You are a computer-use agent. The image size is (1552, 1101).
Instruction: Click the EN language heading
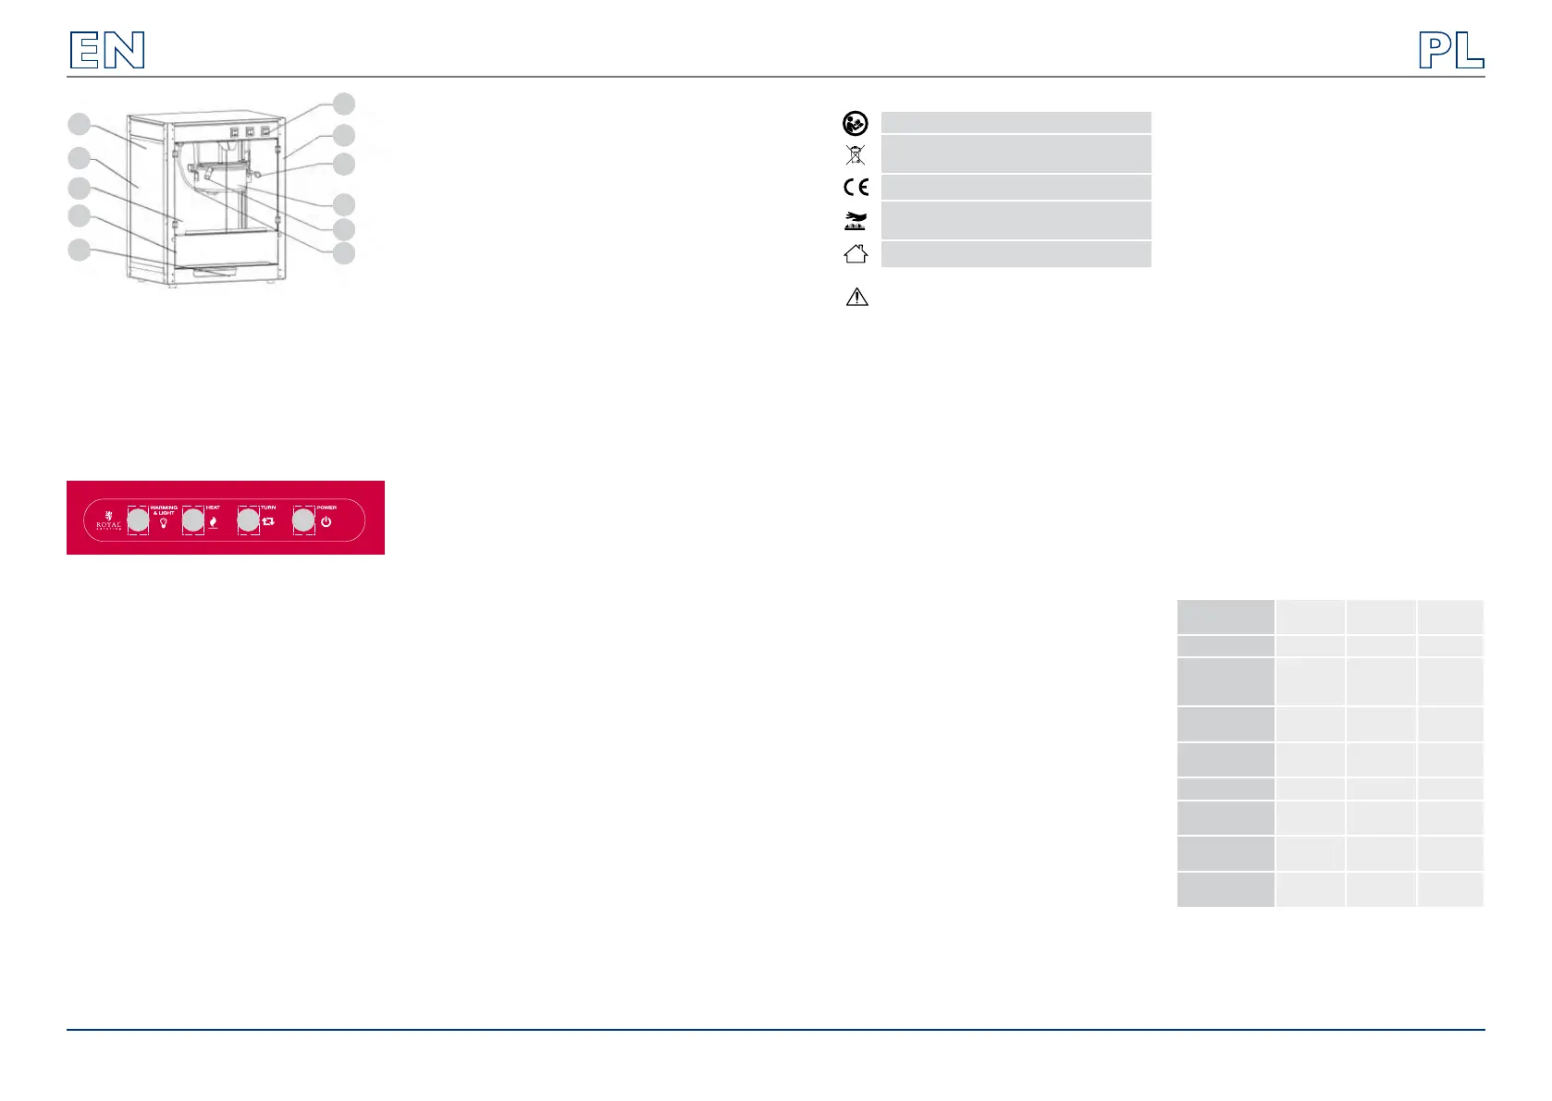[107, 51]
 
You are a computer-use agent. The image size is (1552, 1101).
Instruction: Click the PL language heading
[1451, 51]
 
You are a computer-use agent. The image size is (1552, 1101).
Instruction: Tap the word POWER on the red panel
[326, 508]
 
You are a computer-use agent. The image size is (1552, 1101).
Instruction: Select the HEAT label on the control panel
[213, 508]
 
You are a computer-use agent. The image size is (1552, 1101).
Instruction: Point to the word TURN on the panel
[268, 508]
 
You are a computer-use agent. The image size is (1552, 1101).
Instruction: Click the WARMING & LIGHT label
[164, 510]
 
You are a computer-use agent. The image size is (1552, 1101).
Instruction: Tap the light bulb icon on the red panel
[164, 523]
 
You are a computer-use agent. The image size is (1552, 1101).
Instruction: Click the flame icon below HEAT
[213, 522]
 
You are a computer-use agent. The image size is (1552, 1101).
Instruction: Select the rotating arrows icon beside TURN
[269, 522]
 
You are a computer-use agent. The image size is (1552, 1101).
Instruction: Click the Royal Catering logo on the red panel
[108, 521]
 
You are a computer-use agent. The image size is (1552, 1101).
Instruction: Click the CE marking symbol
[856, 188]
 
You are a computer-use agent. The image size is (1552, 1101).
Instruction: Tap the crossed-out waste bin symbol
[856, 154]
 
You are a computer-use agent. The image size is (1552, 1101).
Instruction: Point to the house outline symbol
[856, 253]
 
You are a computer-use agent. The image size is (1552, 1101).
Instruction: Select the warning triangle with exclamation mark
[856, 297]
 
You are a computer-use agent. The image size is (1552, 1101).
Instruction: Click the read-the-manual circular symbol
[856, 123]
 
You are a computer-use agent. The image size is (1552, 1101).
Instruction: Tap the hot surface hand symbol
[856, 221]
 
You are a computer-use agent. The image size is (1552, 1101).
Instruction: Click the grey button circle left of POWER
[303, 520]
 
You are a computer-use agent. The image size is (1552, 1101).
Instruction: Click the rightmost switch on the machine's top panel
[265, 131]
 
